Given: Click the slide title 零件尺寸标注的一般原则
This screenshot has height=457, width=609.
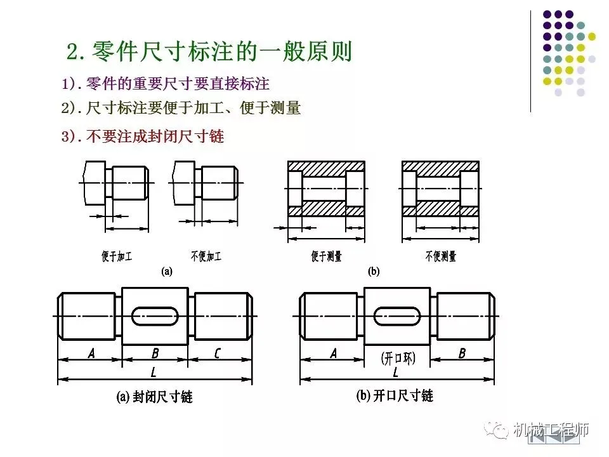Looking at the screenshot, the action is [x=209, y=51].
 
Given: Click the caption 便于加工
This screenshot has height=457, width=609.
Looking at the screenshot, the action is [x=117, y=256].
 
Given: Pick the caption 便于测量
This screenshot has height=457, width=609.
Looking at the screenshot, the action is [x=327, y=256].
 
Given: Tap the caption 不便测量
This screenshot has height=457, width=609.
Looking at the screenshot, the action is [x=441, y=256].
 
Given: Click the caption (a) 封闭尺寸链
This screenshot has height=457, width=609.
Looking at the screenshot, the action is [x=154, y=397].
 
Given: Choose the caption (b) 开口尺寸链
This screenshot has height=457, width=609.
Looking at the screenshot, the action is [x=395, y=395].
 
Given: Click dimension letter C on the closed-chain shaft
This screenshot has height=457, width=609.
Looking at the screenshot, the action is [x=217, y=354].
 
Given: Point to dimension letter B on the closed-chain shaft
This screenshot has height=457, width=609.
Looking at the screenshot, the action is [x=155, y=354].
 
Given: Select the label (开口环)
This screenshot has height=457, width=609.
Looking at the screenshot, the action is [x=398, y=359].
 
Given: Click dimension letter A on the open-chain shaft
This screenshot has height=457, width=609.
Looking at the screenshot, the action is [x=334, y=354].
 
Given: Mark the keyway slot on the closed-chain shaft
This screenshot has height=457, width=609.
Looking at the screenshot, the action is [x=155, y=315].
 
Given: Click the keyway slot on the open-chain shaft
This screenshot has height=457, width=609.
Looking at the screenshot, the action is [x=397, y=315].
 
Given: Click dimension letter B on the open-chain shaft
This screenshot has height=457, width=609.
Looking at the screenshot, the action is [x=462, y=354].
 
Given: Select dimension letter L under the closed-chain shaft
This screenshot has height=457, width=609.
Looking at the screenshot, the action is [x=154, y=372].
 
